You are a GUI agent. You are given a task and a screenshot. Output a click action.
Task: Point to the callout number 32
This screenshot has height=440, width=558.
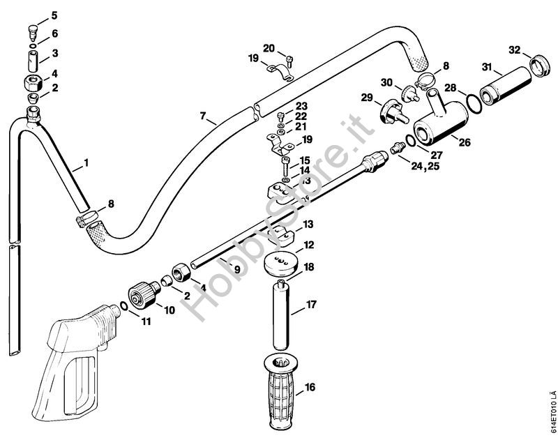click(515, 50)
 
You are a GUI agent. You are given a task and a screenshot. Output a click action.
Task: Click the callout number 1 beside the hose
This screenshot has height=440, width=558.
click(85, 163)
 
